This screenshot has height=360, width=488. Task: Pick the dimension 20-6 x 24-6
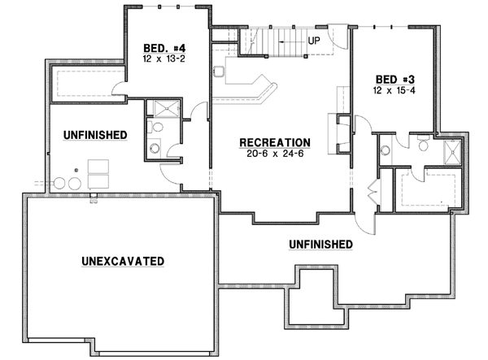point(274,154)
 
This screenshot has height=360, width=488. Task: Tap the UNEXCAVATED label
point(124,261)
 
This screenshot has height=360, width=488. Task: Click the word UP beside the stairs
point(313,39)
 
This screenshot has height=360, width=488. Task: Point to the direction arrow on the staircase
point(285,39)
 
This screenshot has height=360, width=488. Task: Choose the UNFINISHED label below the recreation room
point(320,244)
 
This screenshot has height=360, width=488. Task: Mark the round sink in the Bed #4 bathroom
point(154,148)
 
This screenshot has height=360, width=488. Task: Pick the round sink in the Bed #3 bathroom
point(385,150)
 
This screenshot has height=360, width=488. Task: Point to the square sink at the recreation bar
point(219,72)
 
